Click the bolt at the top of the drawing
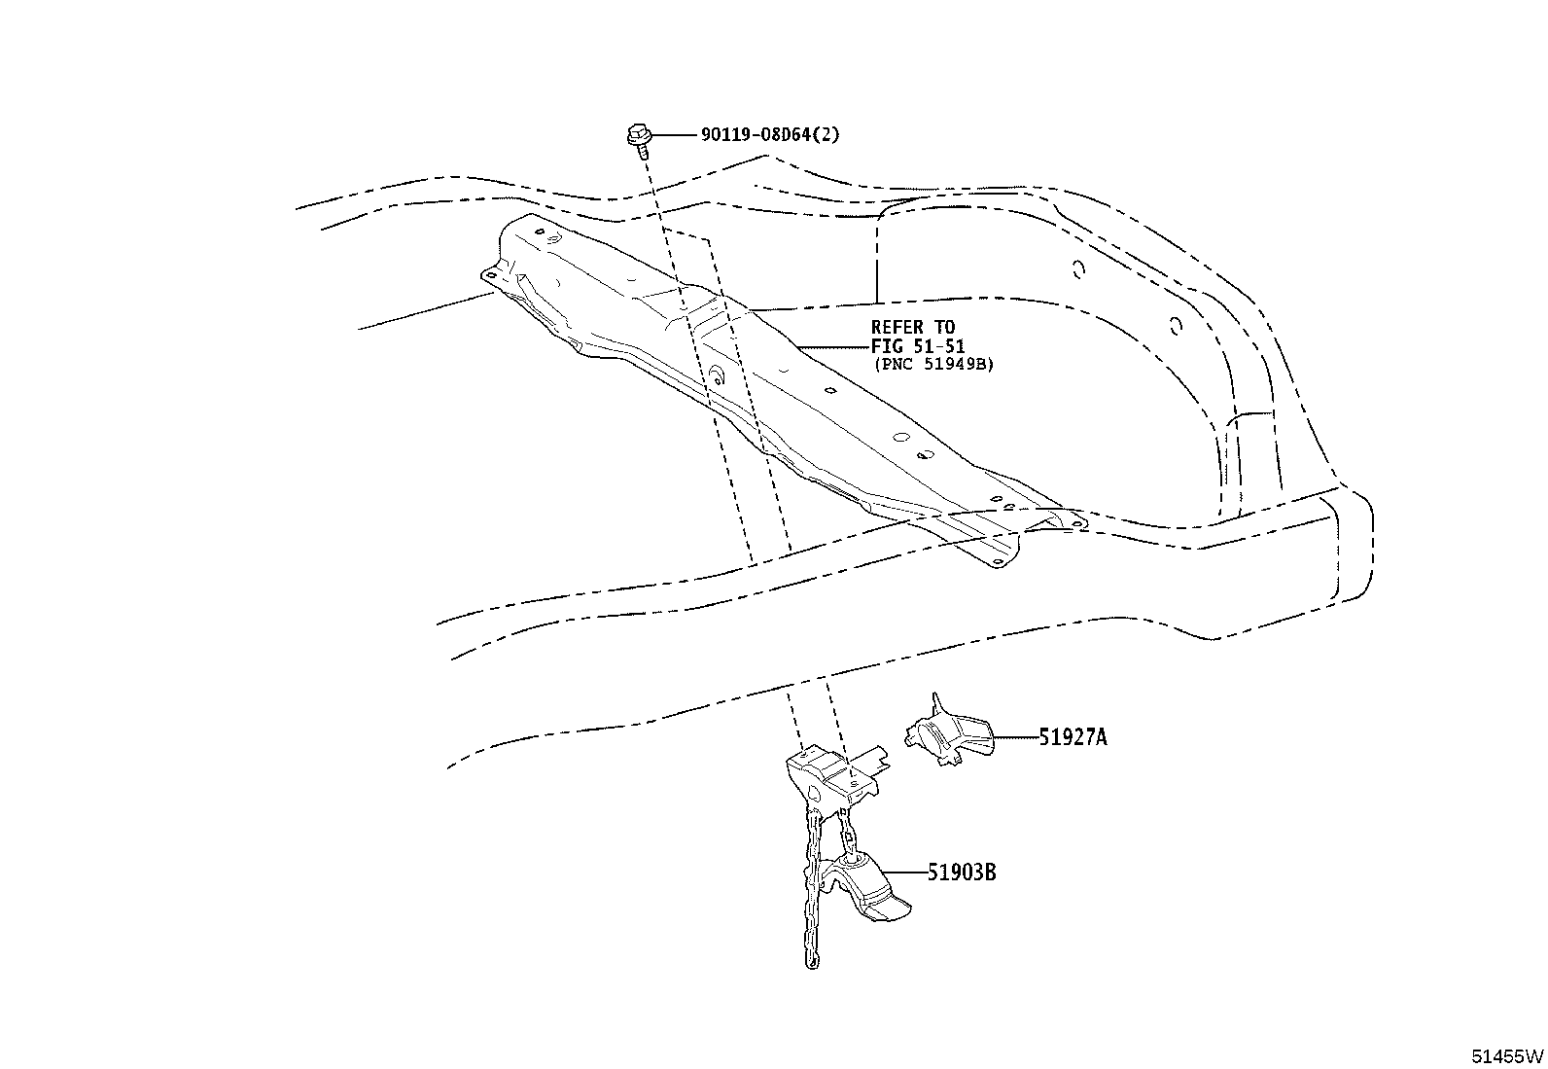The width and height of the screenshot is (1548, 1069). [639, 138]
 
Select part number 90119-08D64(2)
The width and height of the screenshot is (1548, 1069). [770, 134]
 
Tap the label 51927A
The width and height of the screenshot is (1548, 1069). [1073, 737]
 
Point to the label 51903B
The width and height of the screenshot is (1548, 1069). [962, 873]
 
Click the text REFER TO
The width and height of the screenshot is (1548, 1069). [912, 327]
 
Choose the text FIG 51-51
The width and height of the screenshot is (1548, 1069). [918, 345]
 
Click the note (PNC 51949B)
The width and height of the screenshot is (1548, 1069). [933, 365]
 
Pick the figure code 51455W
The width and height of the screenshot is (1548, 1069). [1507, 1056]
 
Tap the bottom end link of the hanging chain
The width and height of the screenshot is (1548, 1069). [813, 960]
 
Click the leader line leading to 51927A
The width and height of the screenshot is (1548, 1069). [1016, 737]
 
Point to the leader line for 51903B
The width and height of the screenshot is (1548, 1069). [904, 873]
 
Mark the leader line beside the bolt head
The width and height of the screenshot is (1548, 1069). [675, 135]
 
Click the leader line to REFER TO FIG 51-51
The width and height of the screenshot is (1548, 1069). [833, 345]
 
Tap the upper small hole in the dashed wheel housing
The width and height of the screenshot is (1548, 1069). [1078, 269]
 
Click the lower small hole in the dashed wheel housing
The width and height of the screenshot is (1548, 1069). [1176, 326]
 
